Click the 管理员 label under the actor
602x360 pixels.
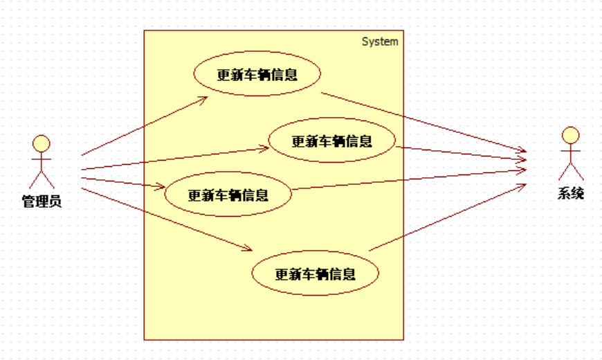[x=42, y=201]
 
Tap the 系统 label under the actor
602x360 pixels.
[x=571, y=193]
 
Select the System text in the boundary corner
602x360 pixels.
[x=380, y=42]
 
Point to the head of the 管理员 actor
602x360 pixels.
[x=42, y=143]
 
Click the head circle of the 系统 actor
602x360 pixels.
[x=570, y=134]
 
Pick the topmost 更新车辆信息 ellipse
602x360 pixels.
[x=257, y=75]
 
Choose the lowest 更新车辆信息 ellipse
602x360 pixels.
[x=315, y=273]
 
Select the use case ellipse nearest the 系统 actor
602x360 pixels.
[x=331, y=141]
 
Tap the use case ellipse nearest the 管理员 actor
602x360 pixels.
[x=228, y=195]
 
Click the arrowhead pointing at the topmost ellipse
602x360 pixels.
[x=204, y=100]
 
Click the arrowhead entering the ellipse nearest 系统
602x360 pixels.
[x=265, y=147]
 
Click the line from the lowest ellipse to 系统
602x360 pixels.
[x=450, y=216]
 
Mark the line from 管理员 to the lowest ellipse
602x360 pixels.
[x=166, y=218]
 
